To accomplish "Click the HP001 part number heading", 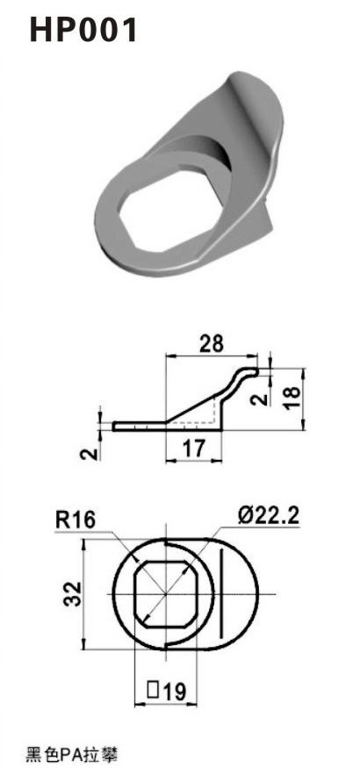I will click(x=84, y=30).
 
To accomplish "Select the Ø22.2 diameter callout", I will click(x=268, y=515).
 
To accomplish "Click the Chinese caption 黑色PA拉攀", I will click(x=71, y=752).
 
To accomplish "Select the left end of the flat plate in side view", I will click(x=116, y=427).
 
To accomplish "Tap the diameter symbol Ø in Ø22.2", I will click(x=244, y=515).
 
